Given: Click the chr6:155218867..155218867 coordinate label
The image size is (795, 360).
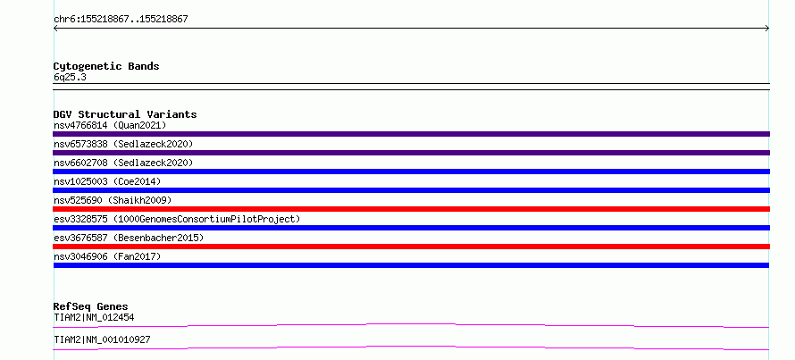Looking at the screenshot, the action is [121, 20].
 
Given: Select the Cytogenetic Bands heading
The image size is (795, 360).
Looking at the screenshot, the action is [106, 66].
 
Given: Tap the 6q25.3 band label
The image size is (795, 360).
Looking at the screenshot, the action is [70, 77].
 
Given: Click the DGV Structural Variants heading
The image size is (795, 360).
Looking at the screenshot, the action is [125, 114].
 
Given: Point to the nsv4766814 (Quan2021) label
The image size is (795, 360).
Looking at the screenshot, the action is [110, 125].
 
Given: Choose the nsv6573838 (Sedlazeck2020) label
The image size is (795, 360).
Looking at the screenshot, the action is [123, 144].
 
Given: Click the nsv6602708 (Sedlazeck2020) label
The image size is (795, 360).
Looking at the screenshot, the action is [123, 163].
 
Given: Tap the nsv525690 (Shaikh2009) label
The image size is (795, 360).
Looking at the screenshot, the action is [113, 200].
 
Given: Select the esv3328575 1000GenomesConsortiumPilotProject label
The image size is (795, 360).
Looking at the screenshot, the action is [177, 219].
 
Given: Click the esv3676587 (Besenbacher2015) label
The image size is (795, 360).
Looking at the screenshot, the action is [129, 238].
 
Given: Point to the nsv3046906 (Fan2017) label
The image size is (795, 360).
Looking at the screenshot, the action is [107, 256].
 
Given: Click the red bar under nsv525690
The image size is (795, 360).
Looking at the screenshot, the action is [411, 209].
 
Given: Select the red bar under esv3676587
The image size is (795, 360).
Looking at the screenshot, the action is [411, 247].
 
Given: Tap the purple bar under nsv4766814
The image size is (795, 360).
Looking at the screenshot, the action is [411, 134].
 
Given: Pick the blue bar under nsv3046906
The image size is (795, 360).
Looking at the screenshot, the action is [411, 265].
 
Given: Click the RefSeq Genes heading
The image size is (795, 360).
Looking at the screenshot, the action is [91, 306].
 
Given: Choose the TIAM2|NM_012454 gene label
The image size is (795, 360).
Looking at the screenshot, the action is [94, 318].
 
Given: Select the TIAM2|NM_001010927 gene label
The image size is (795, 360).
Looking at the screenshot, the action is [102, 339].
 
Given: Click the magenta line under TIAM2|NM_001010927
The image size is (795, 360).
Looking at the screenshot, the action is [411, 347].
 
